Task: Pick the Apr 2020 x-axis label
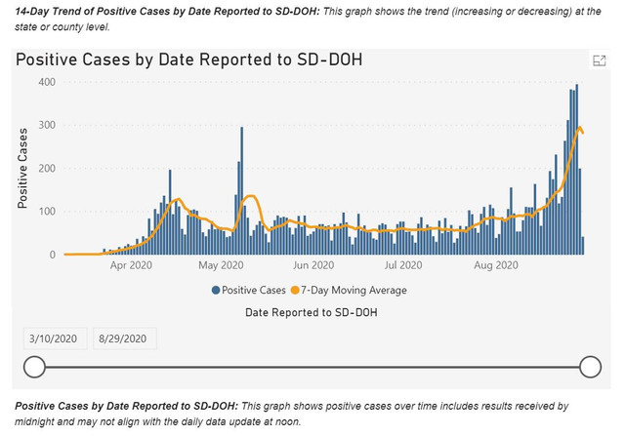coord(130,264)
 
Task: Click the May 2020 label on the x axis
coord(220,264)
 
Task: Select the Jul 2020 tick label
coord(402,264)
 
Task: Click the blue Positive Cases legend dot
coord(215,290)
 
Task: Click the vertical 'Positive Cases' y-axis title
coord(22,169)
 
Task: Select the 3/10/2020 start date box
coord(54,338)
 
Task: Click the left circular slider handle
coord(34,367)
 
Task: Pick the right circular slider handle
coord(590,367)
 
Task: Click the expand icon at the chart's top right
coord(600,60)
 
